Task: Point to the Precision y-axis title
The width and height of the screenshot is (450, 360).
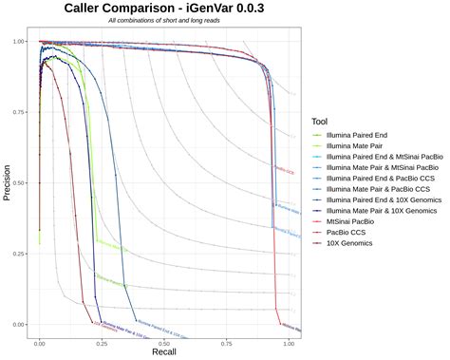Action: [8, 183]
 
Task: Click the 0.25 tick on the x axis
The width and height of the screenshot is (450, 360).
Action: [101, 339]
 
